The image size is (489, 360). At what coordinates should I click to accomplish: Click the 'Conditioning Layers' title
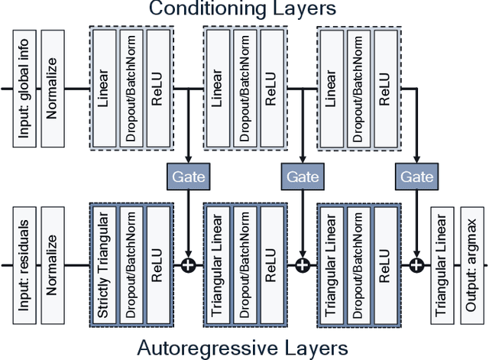(x=244, y=10)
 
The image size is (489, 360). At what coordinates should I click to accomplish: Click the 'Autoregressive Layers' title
(x=244, y=348)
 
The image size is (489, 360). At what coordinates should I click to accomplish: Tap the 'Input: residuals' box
(x=24, y=265)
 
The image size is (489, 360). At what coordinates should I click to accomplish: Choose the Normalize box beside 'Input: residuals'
(x=53, y=265)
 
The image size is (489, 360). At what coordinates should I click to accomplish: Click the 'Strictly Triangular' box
(x=105, y=265)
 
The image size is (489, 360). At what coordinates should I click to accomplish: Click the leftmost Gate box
(x=187, y=177)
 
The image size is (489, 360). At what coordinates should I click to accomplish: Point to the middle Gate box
(x=302, y=177)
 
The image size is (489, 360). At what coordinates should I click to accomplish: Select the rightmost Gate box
(x=416, y=177)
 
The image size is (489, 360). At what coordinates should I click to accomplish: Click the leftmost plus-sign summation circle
(x=188, y=265)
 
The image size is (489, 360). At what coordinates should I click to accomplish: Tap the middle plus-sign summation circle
(x=303, y=265)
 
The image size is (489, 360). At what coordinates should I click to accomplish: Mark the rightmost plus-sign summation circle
(x=417, y=265)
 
